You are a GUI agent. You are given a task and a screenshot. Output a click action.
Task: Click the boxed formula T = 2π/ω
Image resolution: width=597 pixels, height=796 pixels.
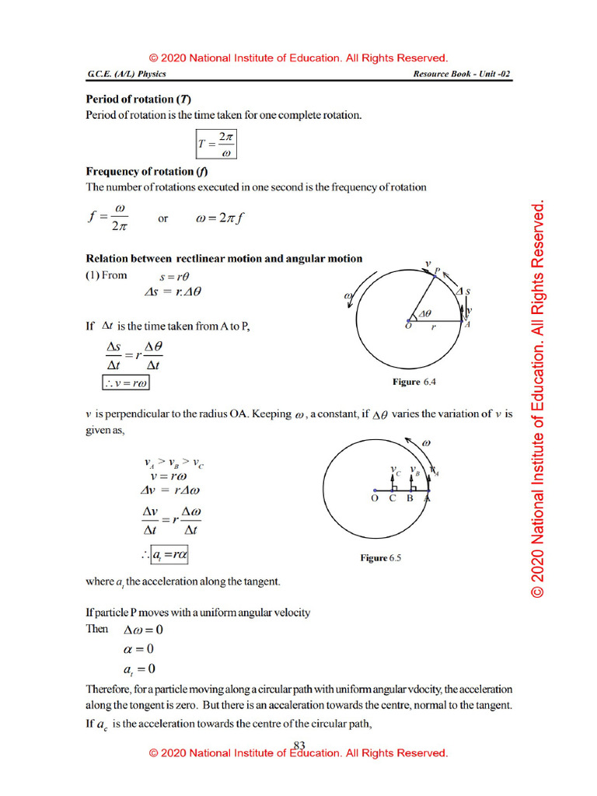click(215, 142)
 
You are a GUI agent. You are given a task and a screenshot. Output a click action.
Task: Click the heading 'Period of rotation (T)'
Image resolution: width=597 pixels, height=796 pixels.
click(138, 99)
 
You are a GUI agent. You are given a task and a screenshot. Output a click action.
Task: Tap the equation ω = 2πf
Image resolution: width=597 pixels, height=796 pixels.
click(221, 218)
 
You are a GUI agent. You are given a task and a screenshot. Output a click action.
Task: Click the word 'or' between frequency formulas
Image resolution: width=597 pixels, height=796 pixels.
click(163, 219)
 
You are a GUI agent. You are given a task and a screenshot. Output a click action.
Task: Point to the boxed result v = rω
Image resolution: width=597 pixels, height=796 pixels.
click(126, 382)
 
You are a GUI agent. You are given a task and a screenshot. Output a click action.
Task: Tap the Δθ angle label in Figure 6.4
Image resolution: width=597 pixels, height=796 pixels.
click(424, 313)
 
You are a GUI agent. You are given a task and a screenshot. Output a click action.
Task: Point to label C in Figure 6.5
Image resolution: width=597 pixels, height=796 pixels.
click(393, 498)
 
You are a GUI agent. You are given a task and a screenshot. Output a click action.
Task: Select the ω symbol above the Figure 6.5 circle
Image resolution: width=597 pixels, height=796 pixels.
click(425, 443)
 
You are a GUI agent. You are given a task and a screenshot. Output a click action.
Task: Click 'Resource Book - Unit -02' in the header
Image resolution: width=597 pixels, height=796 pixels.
click(463, 74)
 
